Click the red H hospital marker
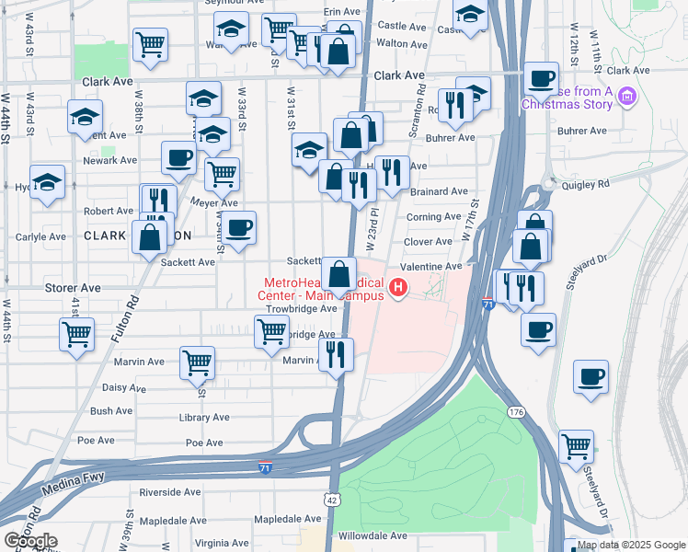pyautogui.click(x=398, y=289)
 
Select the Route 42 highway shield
pyautogui.click(x=330, y=498)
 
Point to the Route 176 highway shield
pyautogui.click(x=515, y=412)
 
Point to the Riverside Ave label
pyautogui.click(x=171, y=492)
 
